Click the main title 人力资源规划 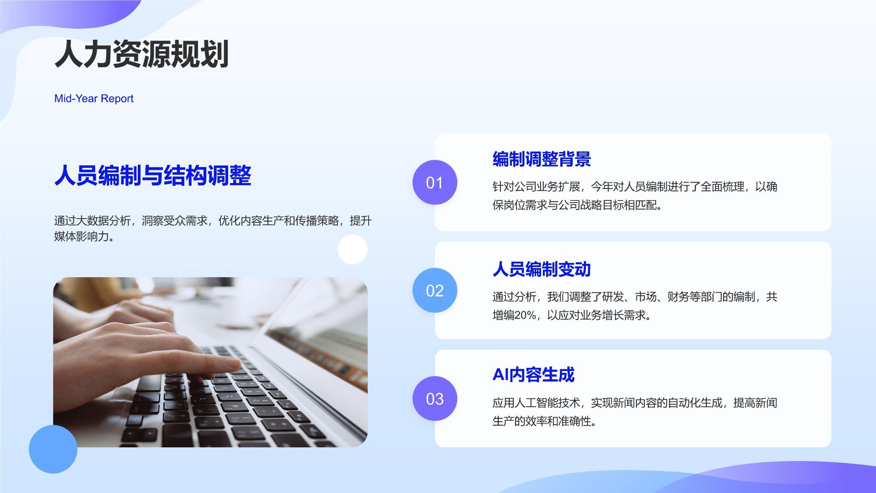141,54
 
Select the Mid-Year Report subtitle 94,99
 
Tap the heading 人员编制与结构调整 153,175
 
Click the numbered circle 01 434,183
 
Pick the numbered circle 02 434,290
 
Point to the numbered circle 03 434,399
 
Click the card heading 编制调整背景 542,159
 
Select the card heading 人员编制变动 542,269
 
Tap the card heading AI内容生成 533,375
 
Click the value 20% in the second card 525,315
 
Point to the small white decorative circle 353,250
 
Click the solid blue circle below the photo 53,449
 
